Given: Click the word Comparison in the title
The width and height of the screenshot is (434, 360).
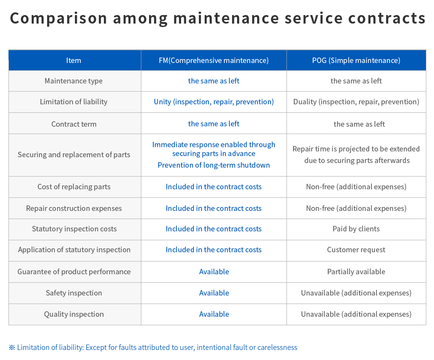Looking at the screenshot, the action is tap(58, 19).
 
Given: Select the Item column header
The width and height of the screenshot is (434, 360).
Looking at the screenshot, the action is tap(74, 60).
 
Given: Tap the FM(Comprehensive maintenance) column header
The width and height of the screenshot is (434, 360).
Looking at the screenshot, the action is tap(214, 60).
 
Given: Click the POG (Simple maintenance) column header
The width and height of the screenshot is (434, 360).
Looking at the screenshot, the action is tap(356, 60).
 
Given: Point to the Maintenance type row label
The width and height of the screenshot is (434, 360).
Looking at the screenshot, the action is tap(74, 81).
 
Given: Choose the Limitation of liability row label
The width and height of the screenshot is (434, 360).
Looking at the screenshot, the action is tap(74, 102).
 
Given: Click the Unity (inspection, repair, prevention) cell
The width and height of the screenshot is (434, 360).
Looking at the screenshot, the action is tap(214, 102).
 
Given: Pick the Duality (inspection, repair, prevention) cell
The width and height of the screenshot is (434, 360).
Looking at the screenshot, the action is tap(356, 102).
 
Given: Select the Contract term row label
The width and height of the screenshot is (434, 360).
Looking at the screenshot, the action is tap(74, 124).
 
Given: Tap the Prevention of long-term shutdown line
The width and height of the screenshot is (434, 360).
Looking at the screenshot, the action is tap(214, 165).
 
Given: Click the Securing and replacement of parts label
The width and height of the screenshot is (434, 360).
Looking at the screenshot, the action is tap(74, 155).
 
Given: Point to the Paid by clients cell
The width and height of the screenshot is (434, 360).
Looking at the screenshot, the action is tap(356, 229).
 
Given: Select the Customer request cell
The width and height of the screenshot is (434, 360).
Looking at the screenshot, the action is tap(356, 250).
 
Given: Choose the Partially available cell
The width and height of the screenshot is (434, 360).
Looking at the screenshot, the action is tap(356, 272).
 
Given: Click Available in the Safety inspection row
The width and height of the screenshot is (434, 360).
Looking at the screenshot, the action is tap(214, 293).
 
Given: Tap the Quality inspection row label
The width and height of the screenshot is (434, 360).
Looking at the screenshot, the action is tap(74, 314).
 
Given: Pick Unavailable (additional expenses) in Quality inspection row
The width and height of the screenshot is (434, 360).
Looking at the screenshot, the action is tap(356, 314).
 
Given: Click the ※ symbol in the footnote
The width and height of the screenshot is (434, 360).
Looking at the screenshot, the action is tap(12, 348).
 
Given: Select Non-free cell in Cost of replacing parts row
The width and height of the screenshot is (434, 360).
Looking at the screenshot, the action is tap(356, 187).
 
